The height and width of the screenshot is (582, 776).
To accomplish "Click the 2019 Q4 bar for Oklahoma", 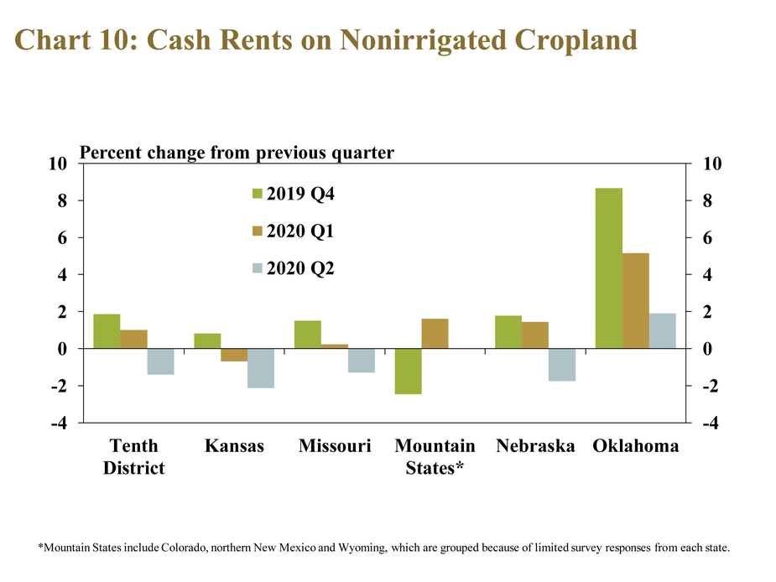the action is point(609,268).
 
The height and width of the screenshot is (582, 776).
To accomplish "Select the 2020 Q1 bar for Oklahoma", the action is point(636,301).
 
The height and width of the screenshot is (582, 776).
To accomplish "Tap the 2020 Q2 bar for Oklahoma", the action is point(663,331).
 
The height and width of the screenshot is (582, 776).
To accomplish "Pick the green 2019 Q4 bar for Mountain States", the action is point(409,372).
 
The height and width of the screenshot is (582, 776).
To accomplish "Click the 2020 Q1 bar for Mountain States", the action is point(435,334).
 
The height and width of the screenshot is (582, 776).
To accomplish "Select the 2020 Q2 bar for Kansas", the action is point(261,368).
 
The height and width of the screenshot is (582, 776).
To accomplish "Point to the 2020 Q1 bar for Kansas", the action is point(234,355).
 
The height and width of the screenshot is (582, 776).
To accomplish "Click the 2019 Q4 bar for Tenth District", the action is point(107,331).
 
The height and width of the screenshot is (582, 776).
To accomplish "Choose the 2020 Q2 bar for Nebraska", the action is point(562,365).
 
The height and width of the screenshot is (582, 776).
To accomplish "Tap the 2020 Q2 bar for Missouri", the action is point(362,361).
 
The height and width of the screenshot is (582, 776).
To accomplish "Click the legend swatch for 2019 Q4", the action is point(258,194).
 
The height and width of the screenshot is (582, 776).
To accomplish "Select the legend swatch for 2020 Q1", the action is point(258,231).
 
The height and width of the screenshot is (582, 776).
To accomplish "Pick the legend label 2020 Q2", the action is point(300,268).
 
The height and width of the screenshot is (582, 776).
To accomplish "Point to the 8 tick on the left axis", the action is point(62,200).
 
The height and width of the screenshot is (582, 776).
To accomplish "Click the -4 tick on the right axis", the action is point(711,423).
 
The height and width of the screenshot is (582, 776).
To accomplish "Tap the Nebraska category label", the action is point(535,446).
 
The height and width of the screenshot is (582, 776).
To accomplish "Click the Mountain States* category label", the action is point(435,457).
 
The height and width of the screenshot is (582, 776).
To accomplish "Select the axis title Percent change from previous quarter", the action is point(237,153).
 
